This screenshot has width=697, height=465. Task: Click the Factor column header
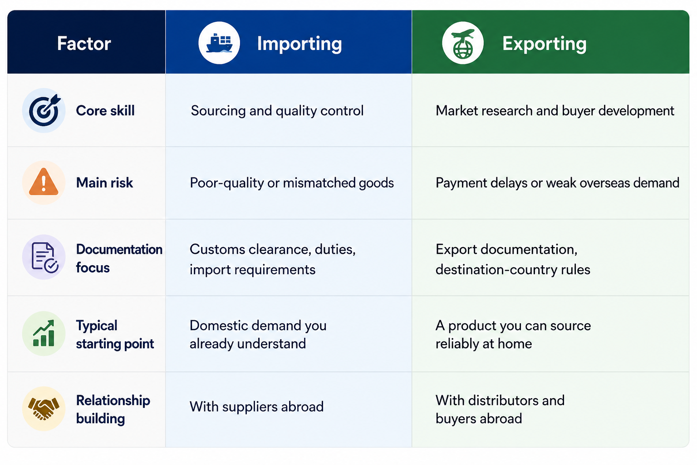tap(84, 43)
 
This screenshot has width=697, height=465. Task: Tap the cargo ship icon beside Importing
tap(219, 43)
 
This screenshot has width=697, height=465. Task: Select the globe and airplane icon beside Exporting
tap(463, 43)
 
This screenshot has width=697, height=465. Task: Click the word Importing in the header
tap(299, 44)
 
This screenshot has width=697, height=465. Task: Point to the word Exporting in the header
tap(545, 44)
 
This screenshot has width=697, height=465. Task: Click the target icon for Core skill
tap(44, 110)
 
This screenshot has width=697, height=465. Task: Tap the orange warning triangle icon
tap(44, 183)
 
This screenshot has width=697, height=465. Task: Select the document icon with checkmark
tap(44, 257)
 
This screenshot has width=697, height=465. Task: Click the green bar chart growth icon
tap(44, 334)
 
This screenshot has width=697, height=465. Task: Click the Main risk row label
tap(104, 183)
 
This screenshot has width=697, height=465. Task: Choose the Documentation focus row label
tap(119, 258)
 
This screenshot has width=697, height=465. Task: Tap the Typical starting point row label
tap(115, 335)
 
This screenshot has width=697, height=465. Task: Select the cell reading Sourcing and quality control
tap(277, 111)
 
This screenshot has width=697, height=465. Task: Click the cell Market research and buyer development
tap(555, 111)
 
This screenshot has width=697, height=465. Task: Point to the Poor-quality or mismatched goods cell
tap(292, 183)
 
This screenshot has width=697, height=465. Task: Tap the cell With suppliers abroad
tap(257, 407)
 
